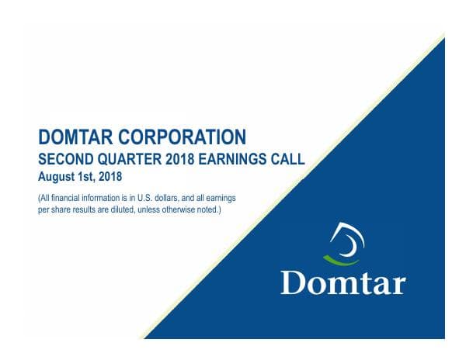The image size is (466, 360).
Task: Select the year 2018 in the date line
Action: coord(113,177)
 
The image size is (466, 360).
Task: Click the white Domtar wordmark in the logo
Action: coord(343,282)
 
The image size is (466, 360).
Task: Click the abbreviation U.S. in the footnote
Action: coord(123,198)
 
